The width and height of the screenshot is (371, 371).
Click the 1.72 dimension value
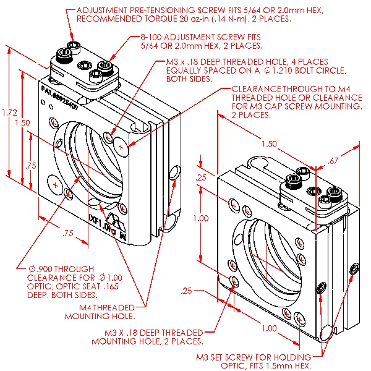pyautogui.click(x=9, y=113)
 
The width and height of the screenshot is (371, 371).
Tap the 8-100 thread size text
pyautogui.click(x=155, y=37)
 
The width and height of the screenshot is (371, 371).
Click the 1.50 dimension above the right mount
pyautogui.click(x=268, y=143)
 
